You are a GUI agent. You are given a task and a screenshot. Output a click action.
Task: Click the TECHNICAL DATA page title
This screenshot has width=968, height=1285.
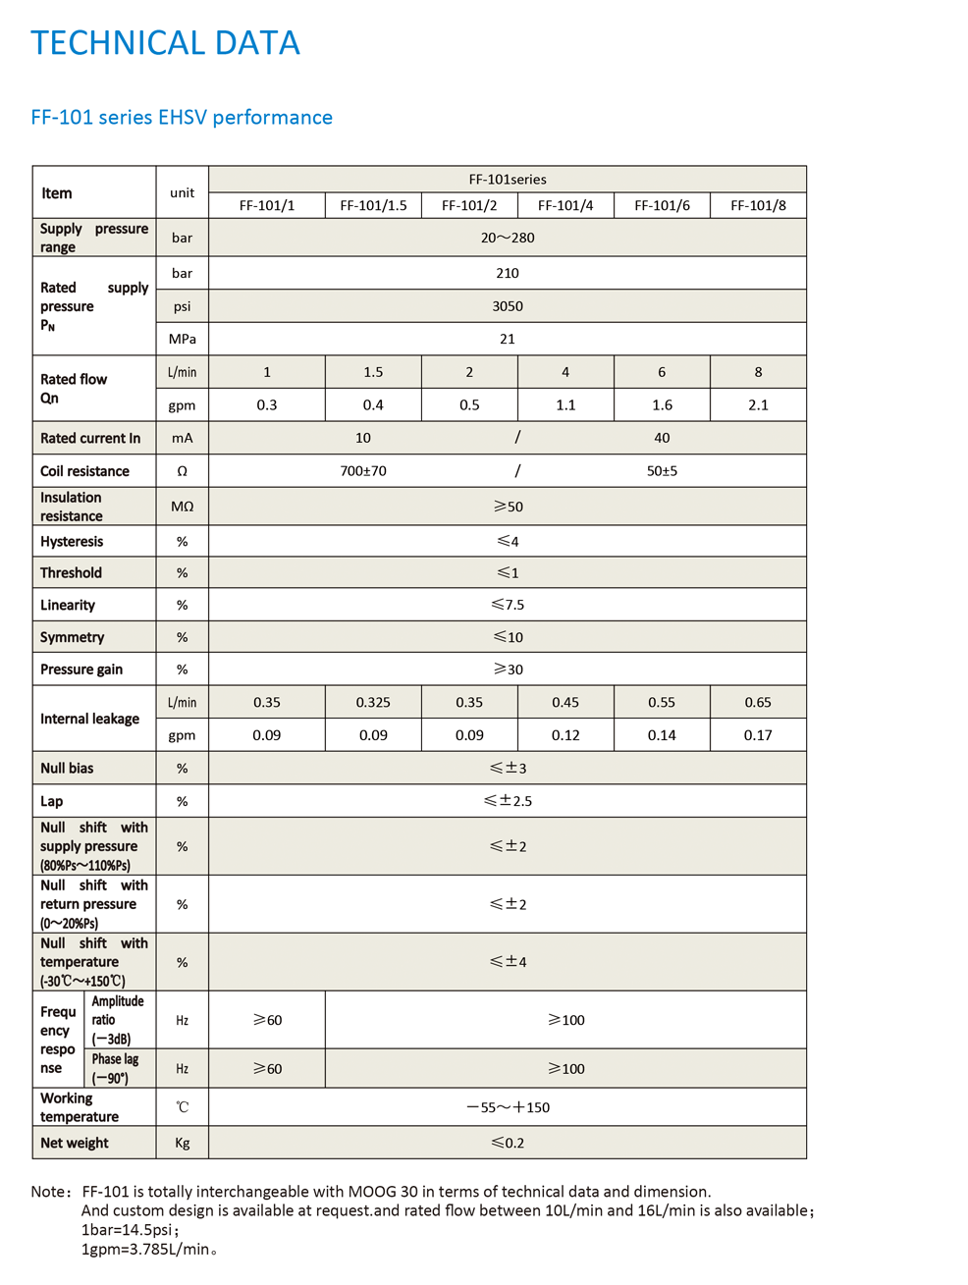pyautogui.click(x=165, y=43)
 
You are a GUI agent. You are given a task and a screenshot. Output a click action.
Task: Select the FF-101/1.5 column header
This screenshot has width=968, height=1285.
pyautogui.click(x=373, y=205)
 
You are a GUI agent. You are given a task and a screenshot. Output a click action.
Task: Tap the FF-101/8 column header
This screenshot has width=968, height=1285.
pyautogui.click(x=758, y=205)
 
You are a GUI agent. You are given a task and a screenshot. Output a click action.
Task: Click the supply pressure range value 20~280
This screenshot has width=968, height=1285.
pyautogui.click(x=508, y=238)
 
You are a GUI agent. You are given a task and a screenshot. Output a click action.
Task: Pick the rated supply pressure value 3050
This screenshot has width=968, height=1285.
pyautogui.click(x=508, y=306)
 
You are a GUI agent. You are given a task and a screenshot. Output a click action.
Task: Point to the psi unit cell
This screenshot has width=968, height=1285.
pyautogui.click(x=182, y=306)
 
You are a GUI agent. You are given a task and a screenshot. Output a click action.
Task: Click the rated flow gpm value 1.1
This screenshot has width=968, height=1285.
pyautogui.click(x=565, y=404)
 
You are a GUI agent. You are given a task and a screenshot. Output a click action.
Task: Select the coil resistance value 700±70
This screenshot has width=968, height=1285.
pyautogui.click(x=363, y=471)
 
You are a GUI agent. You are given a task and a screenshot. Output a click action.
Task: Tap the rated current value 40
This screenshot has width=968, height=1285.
pyautogui.click(x=662, y=438)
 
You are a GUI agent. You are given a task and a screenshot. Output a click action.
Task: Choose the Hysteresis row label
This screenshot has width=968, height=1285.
pyautogui.click(x=72, y=542)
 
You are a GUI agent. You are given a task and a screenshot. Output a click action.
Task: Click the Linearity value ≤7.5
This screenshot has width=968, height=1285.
pyautogui.click(x=508, y=605)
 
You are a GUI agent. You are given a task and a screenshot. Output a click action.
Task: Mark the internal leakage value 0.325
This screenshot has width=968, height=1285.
pyautogui.click(x=373, y=702)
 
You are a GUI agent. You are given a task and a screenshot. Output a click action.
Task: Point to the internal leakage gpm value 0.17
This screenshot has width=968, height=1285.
pyautogui.click(x=758, y=735)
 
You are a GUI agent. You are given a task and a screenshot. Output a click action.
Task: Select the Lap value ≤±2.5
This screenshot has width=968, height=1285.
pyautogui.click(x=508, y=801)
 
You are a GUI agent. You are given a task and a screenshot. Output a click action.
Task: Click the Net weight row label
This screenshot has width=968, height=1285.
pyautogui.click(x=75, y=1143)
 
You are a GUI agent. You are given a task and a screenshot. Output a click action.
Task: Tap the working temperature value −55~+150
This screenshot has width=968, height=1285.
pyautogui.click(x=508, y=1107)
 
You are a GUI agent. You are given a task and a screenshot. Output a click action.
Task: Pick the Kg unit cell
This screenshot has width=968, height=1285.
pyautogui.click(x=182, y=1143)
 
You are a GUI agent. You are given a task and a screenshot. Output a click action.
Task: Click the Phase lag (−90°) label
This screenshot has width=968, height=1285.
pyautogui.click(x=115, y=1068)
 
